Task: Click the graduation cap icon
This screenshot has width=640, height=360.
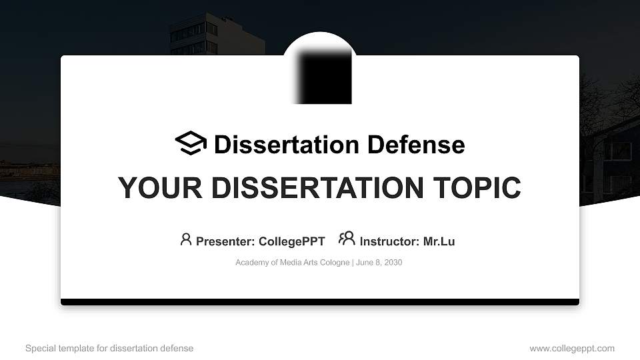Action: point(191,143)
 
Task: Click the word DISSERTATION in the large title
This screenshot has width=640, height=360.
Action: point(313,188)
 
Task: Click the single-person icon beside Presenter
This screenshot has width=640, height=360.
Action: point(186,239)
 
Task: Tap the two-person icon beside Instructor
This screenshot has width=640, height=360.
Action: point(347,239)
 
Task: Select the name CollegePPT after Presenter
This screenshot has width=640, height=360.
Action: point(291,242)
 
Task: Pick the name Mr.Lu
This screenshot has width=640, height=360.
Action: point(439,242)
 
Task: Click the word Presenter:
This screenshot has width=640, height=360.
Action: point(225,242)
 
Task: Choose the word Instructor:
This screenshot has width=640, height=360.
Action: point(389,242)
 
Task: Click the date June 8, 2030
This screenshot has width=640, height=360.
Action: point(379,263)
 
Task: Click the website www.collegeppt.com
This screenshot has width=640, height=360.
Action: point(572,349)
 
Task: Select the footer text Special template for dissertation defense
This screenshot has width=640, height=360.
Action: point(109,349)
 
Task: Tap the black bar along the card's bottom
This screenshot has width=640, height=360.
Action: point(320,302)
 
